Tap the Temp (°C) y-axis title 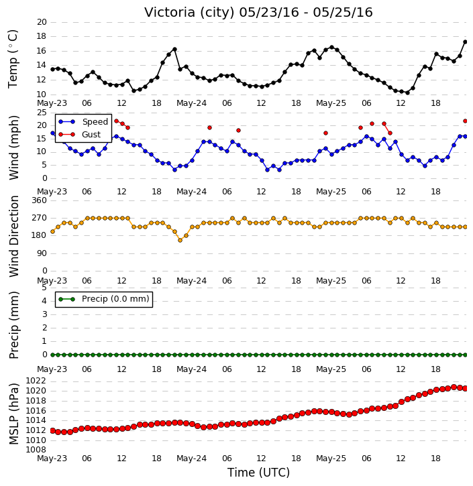tap(13, 59)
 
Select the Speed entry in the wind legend tap(83, 122)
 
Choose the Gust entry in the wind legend tap(80, 135)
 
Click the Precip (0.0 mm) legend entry tap(104, 299)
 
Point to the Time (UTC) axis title tap(259, 473)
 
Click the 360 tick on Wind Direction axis tap(40, 200)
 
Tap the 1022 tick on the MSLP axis tap(36, 381)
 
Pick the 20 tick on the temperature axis tap(42, 22)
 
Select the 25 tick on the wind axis tap(42, 113)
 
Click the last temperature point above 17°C tap(465, 42)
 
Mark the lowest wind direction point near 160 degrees tap(180, 240)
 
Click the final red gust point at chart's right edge tap(465, 121)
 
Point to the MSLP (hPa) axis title tap(13, 414)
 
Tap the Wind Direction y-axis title tap(13, 236)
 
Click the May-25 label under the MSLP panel tap(331, 459)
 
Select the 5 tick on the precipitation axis tap(44, 288)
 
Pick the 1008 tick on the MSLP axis tap(36, 450)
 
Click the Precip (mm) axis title tap(13, 325)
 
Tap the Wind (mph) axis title tap(13, 147)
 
